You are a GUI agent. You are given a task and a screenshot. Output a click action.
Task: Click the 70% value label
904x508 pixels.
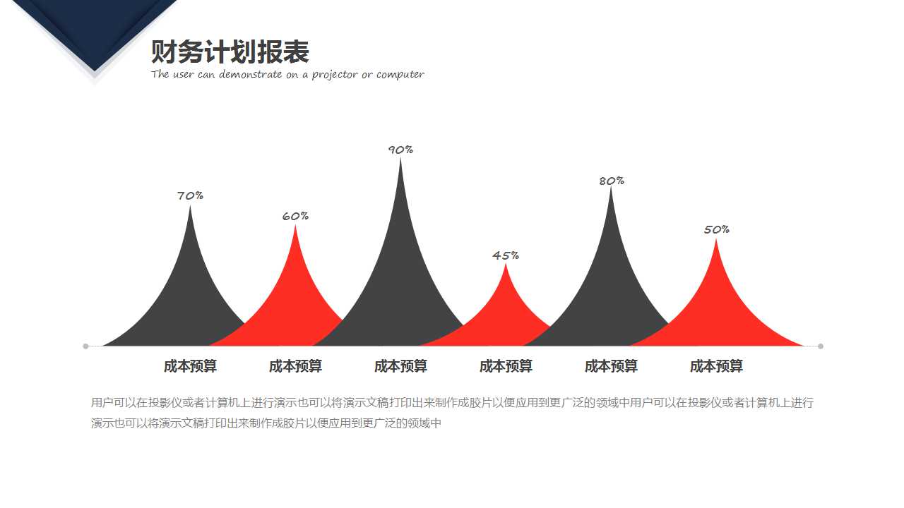click(190, 195)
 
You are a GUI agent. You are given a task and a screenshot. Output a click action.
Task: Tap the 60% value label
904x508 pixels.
click(295, 216)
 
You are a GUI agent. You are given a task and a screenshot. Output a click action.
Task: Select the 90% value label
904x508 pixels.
click(400, 150)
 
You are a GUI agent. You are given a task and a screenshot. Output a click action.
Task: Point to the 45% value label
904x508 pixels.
click(506, 255)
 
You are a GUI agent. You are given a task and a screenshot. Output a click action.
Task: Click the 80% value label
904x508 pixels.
click(612, 181)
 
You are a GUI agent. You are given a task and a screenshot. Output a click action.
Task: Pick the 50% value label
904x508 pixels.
click(716, 229)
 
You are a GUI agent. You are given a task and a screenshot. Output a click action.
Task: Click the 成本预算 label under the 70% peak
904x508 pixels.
click(190, 366)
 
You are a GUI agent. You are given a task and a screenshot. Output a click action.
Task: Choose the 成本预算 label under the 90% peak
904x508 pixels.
click(400, 366)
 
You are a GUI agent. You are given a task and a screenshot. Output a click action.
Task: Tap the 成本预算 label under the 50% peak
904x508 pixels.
click(716, 366)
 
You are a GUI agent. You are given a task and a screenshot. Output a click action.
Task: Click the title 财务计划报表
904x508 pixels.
click(230, 52)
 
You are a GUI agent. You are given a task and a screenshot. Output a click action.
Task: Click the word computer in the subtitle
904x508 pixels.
click(400, 75)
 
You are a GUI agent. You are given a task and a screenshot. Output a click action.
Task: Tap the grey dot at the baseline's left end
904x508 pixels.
click(85, 346)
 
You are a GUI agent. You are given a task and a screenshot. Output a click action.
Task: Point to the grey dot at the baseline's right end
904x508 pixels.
click(821, 346)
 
